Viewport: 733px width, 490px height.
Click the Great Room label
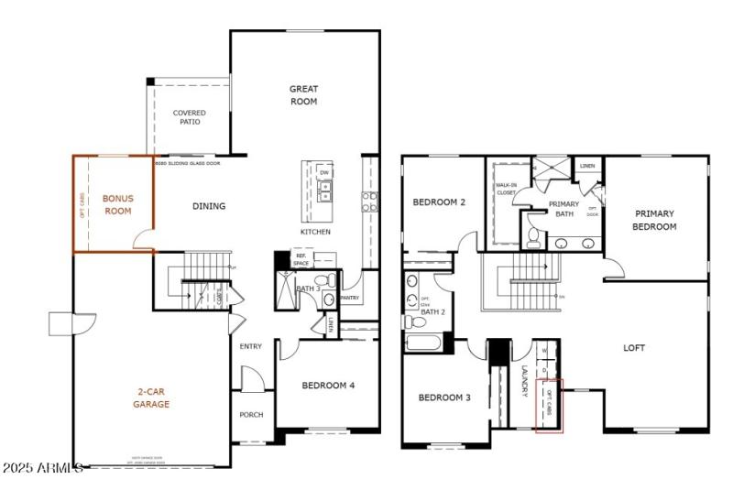click(303, 95)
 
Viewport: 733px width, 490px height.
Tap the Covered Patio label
click(190, 117)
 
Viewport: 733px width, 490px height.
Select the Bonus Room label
click(117, 204)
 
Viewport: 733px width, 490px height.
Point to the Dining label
click(209, 206)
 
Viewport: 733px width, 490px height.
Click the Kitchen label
click(315, 232)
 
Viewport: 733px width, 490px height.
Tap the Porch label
click(251, 415)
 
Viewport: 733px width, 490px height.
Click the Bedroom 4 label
click(328, 386)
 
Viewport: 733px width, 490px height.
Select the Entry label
click(251, 346)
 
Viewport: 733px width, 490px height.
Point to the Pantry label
click(349, 298)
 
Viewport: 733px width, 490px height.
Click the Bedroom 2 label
click(440, 202)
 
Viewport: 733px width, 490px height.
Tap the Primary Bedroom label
click(655, 220)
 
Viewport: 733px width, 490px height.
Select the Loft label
click(634, 348)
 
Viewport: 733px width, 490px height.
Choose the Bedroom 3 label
click(444, 397)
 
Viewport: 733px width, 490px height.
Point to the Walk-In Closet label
click(506, 189)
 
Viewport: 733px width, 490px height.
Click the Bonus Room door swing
click(143, 241)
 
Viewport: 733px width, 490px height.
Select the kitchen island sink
click(324, 191)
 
